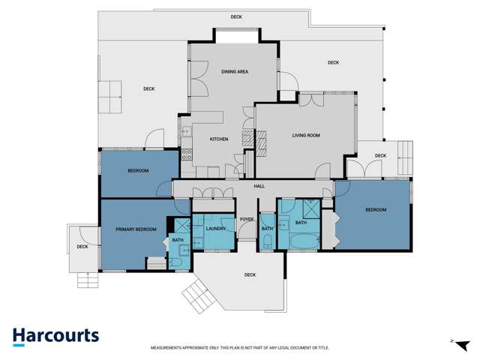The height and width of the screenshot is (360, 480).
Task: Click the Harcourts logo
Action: pyautogui.click(x=55, y=337)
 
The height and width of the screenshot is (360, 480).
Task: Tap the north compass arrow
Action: pyautogui.click(x=463, y=346)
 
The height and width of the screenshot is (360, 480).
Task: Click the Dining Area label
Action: pyautogui.click(x=235, y=72)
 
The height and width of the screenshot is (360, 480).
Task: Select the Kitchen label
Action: pyautogui.click(x=219, y=139)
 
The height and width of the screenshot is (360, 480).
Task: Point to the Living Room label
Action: pyautogui.click(x=306, y=135)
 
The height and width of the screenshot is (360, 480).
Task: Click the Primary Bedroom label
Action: pyautogui.click(x=136, y=229)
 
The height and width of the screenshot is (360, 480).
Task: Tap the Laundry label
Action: pyautogui.click(x=216, y=229)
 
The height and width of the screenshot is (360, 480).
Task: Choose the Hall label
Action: pyautogui.click(x=259, y=186)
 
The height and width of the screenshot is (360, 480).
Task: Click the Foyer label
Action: pyautogui.click(x=247, y=219)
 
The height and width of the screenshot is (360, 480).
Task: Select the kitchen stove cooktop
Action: pyautogui.click(x=187, y=154)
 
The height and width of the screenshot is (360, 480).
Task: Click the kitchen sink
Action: pyautogui.click(x=186, y=132)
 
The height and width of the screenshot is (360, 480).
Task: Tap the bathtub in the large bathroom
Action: pyautogui.click(x=304, y=241)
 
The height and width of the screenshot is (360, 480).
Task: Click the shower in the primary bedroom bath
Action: pyautogui.click(x=182, y=226)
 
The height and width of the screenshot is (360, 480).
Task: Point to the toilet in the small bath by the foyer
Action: pyautogui.click(x=268, y=241)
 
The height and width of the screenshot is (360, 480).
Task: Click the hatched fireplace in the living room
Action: pyautogui.click(x=261, y=143)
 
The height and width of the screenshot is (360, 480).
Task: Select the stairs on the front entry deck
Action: pyautogui.click(x=199, y=296)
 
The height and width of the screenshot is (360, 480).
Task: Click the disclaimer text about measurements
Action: pyautogui.click(x=240, y=348)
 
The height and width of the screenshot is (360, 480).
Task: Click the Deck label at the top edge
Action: pyautogui.click(x=236, y=16)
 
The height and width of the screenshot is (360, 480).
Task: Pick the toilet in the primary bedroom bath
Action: pyautogui.click(x=175, y=262)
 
